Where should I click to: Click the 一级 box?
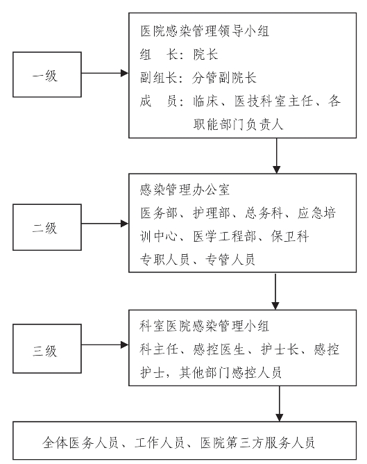pyautogui.click(x=47, y=74)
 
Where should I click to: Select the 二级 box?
pyautogui.click(x=47, y=227)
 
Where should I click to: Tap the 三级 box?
pyautogui.click(x=47, y=349)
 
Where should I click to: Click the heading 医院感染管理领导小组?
pyautogui.click(x=205, y=31)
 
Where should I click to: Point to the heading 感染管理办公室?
pyautogui.click(x=185, y=190)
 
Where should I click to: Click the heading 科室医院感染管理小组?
pyautogui.click(x=204, y=326)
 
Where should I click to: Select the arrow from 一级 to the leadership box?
pyautogui.click(x=105, y=73)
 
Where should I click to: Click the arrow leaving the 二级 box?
pyautogui.click(x=105, y=224)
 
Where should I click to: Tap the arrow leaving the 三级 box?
pyautogui.click(x=105, y=345)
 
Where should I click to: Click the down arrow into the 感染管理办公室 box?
pyautogui.click(x=276, y=156)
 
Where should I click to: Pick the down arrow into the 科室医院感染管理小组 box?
pyautogui.click(x=275, y=291)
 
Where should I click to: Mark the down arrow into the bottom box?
pyautogui.click(x=279, y=404)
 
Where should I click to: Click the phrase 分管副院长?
pyautogui.click(x=224, y=78)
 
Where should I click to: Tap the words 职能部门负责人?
pyautogui.click(x=238, y=124)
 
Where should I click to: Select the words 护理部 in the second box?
pyautogui.click(x=212, y=213)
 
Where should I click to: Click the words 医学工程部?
pyautogui.click(x=225, y=236)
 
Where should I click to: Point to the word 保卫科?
pyautogui.click(x=290, y=236)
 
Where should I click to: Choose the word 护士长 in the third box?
pyautogui.click(x=280, y=349)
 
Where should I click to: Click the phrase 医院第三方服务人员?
pyautogui.click(x=257, y=442)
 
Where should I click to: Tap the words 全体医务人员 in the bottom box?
pyautogui.click(x=80, y=442)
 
